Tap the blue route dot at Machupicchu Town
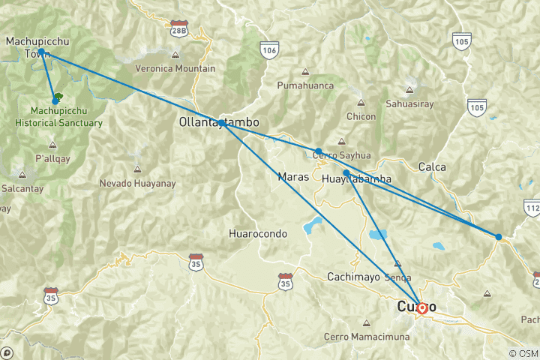coord(41,52)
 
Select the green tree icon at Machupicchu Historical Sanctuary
coord(58,96)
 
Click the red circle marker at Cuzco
coord(422,307)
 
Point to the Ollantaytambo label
coord(219,121)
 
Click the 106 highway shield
coord(270,49)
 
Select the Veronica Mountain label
coord(175,68)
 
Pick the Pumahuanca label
coord(305,86)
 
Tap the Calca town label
coord(433,166)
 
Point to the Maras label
coord(292,177)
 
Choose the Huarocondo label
coord(257,234)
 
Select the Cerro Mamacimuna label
coord(366,337)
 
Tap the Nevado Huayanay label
coord(136,183)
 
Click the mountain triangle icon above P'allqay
coord(52,145)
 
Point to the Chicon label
coord(361,116)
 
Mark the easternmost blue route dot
coord(499,237)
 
